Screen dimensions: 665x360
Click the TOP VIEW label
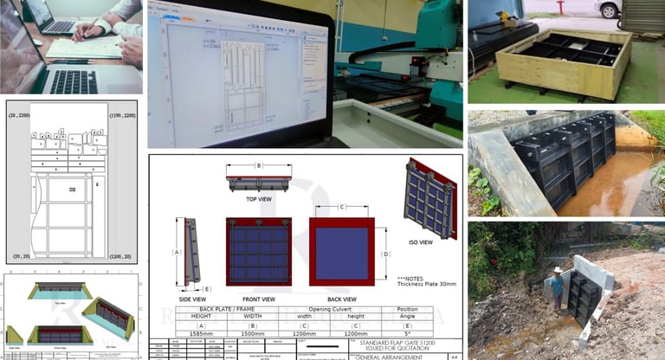(258, 198)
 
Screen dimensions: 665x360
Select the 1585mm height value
(200, 332)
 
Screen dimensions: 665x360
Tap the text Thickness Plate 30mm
(427, 284)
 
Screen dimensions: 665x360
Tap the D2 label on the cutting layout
(73, 187)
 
